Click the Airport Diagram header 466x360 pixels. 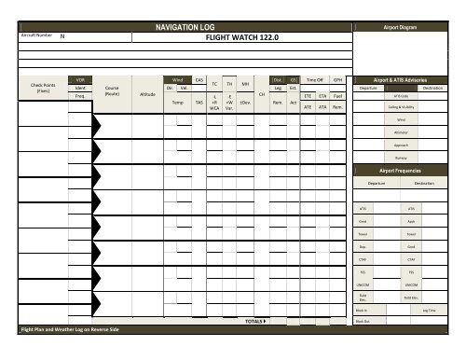click(407, 29)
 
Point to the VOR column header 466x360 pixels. click(80, 81)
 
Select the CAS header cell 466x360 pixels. click(198, 80)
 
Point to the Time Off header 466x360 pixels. click(314, 81)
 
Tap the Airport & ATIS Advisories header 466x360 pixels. click(407, 81)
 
